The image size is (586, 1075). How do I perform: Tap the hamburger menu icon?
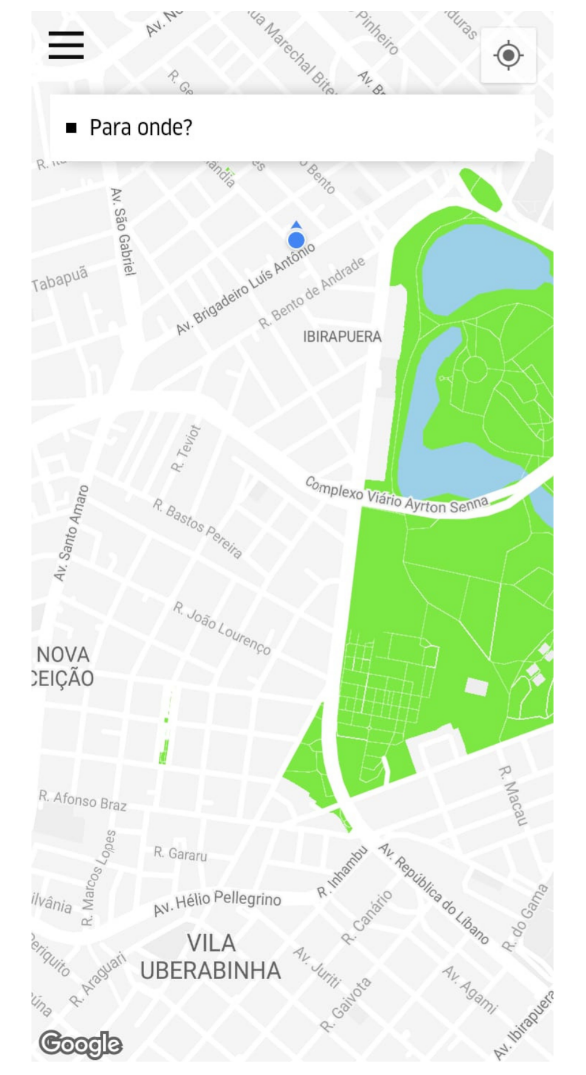click(x=66, y=46)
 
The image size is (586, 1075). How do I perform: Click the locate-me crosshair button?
click(x=508, y=56)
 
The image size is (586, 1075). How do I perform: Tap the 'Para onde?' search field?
click(x=291, y=128)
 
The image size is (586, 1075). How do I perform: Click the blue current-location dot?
click(x=296, y=240)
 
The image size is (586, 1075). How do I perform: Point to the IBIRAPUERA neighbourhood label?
click(x=342, y=337)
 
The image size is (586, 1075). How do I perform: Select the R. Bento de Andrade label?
click(x=312, y=292)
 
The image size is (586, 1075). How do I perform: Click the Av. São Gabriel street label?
click(x=122, y=232)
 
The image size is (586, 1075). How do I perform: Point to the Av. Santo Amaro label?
click(x=71, y=533)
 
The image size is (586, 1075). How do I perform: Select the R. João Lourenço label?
click(x=222, y=628)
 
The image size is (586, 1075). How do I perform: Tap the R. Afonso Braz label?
click(x=83, y=800)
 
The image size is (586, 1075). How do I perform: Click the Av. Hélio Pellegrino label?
click(x=217, y=902)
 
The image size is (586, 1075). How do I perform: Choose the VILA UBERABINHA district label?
click(x=211, y=957)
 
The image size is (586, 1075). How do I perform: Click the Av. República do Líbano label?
click(x=434, y=892)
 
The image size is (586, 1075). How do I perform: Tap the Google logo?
click(x=81, y=1044)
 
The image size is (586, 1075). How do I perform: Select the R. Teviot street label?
click(x=186, y=448)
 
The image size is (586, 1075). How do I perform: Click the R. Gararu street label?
click(x=180, y=854)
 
